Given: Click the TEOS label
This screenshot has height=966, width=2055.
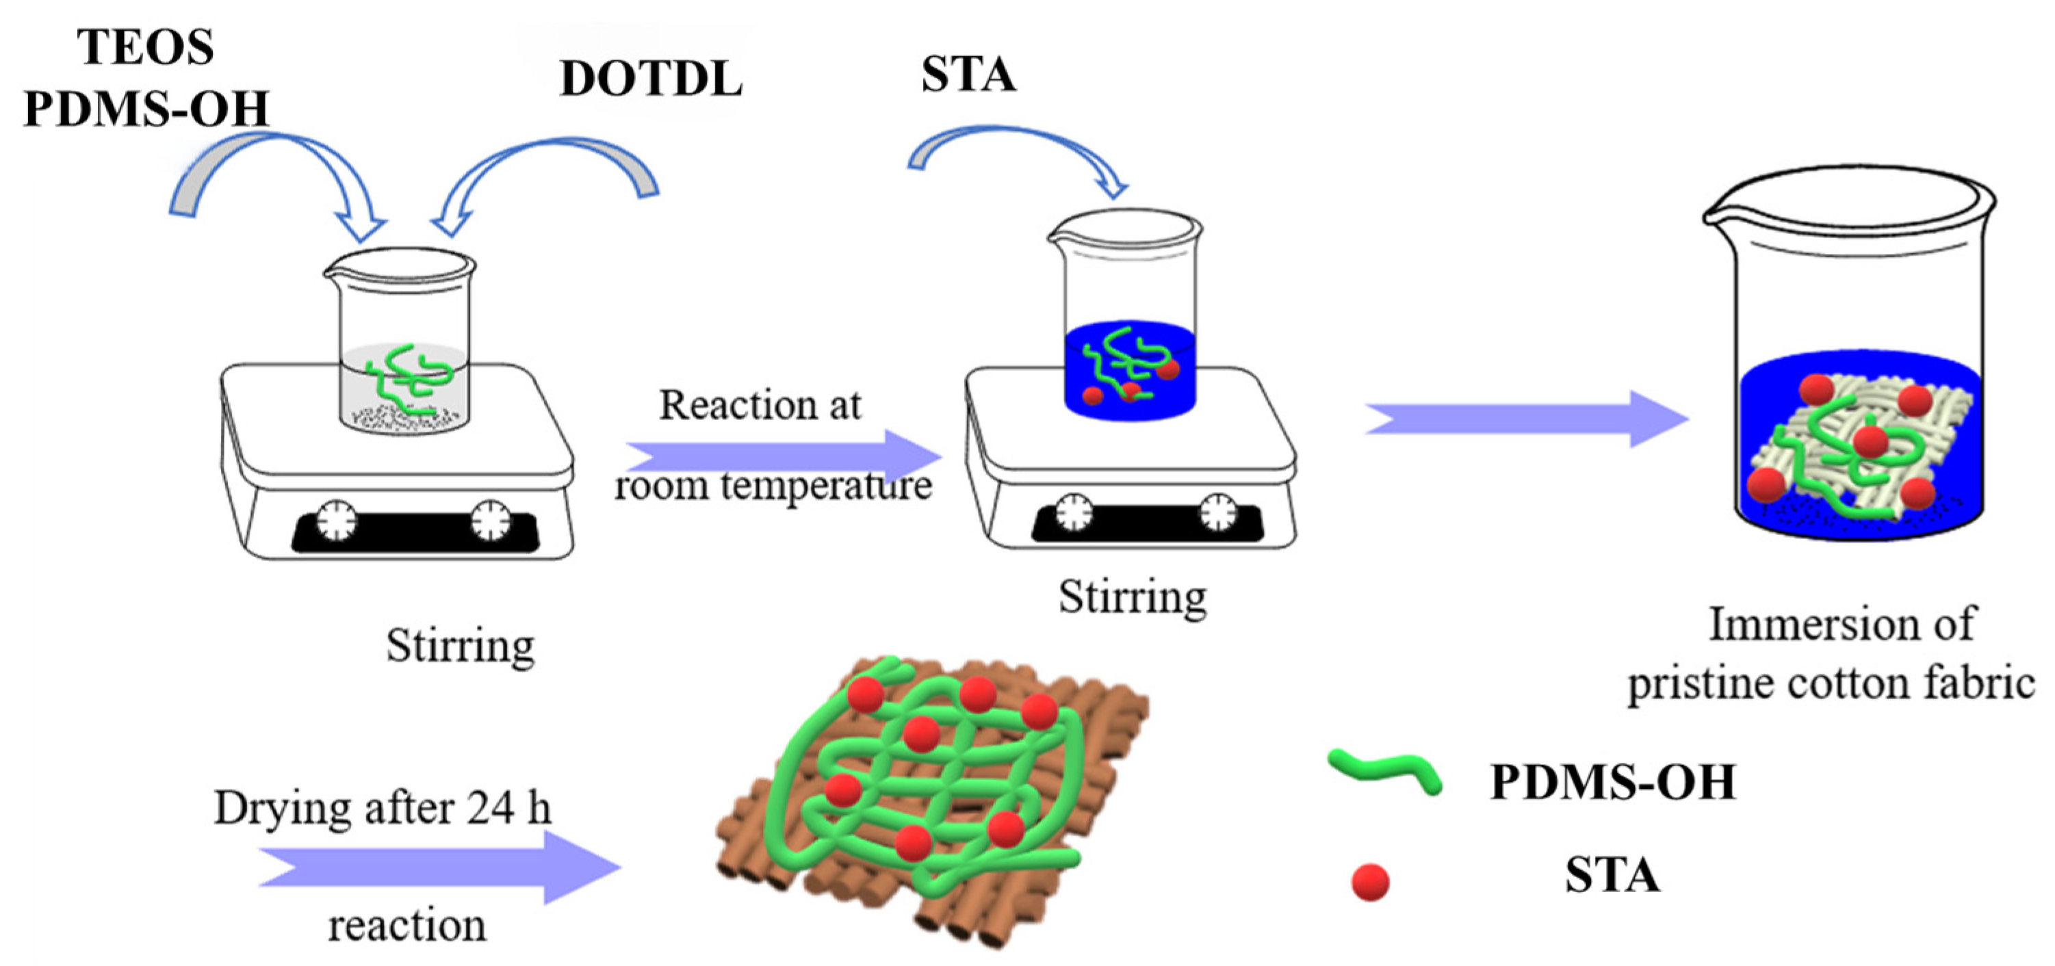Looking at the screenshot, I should [145, 48].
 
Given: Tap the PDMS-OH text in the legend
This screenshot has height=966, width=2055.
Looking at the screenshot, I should [1612, 783].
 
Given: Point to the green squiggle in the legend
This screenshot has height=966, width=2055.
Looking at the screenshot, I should [1385, 770].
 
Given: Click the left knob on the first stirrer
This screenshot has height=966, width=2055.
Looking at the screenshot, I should [337, 521].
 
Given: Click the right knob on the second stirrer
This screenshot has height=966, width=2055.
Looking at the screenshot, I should [1217, 512].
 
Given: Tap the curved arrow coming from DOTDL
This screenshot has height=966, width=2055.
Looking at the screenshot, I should [550, 168].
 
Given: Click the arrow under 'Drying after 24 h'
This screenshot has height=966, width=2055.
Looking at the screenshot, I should [439, 867].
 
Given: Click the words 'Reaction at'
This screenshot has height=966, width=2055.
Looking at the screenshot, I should [760, 405].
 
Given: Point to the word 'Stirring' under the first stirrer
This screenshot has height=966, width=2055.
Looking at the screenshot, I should [461, 646].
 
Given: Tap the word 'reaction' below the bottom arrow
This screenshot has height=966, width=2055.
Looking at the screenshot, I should [407, 926].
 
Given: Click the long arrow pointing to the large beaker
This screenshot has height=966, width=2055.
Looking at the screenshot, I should [1524, 419].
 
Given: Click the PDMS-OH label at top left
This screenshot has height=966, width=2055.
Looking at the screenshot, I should [145, 109].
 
